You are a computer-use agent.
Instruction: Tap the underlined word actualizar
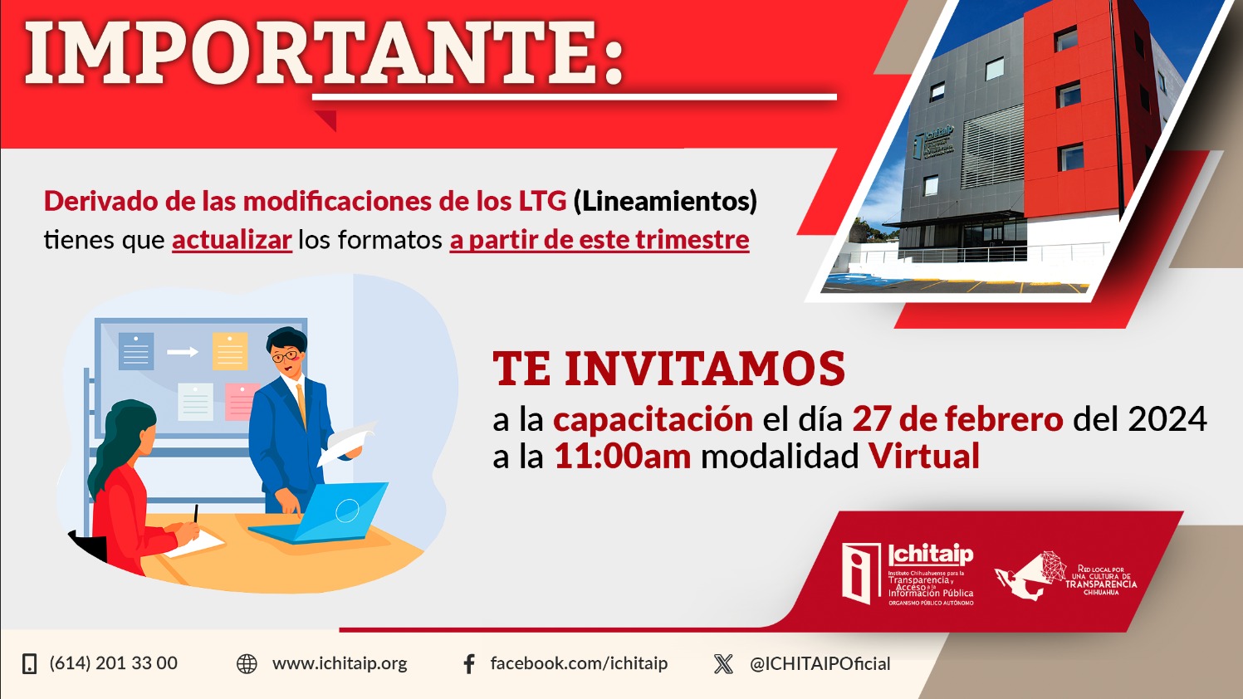click(232, 240)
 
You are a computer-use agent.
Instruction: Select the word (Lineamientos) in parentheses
click(665, 202)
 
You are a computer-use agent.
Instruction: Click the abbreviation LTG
click(542, 201)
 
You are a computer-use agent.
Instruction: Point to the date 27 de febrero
click(957, 419)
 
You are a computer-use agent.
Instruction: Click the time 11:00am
click(623, 457)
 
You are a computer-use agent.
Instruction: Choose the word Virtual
click(924, 456)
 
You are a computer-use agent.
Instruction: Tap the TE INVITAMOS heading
click(668, 369)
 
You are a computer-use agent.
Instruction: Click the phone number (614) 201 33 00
click(113, 663)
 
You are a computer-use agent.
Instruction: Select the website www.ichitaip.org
click(340, 663)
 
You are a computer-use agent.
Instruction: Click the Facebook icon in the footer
click(469, 663)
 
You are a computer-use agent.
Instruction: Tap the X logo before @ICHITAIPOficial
click(723, 663)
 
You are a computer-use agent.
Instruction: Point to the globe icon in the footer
click(247, 663)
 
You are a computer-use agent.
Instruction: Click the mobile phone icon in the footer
click(29, 663)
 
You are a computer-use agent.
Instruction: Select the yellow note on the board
click(230, 351)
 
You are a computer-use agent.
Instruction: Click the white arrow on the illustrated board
click(183, 351)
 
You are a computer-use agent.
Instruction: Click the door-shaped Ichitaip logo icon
click(861, 574)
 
